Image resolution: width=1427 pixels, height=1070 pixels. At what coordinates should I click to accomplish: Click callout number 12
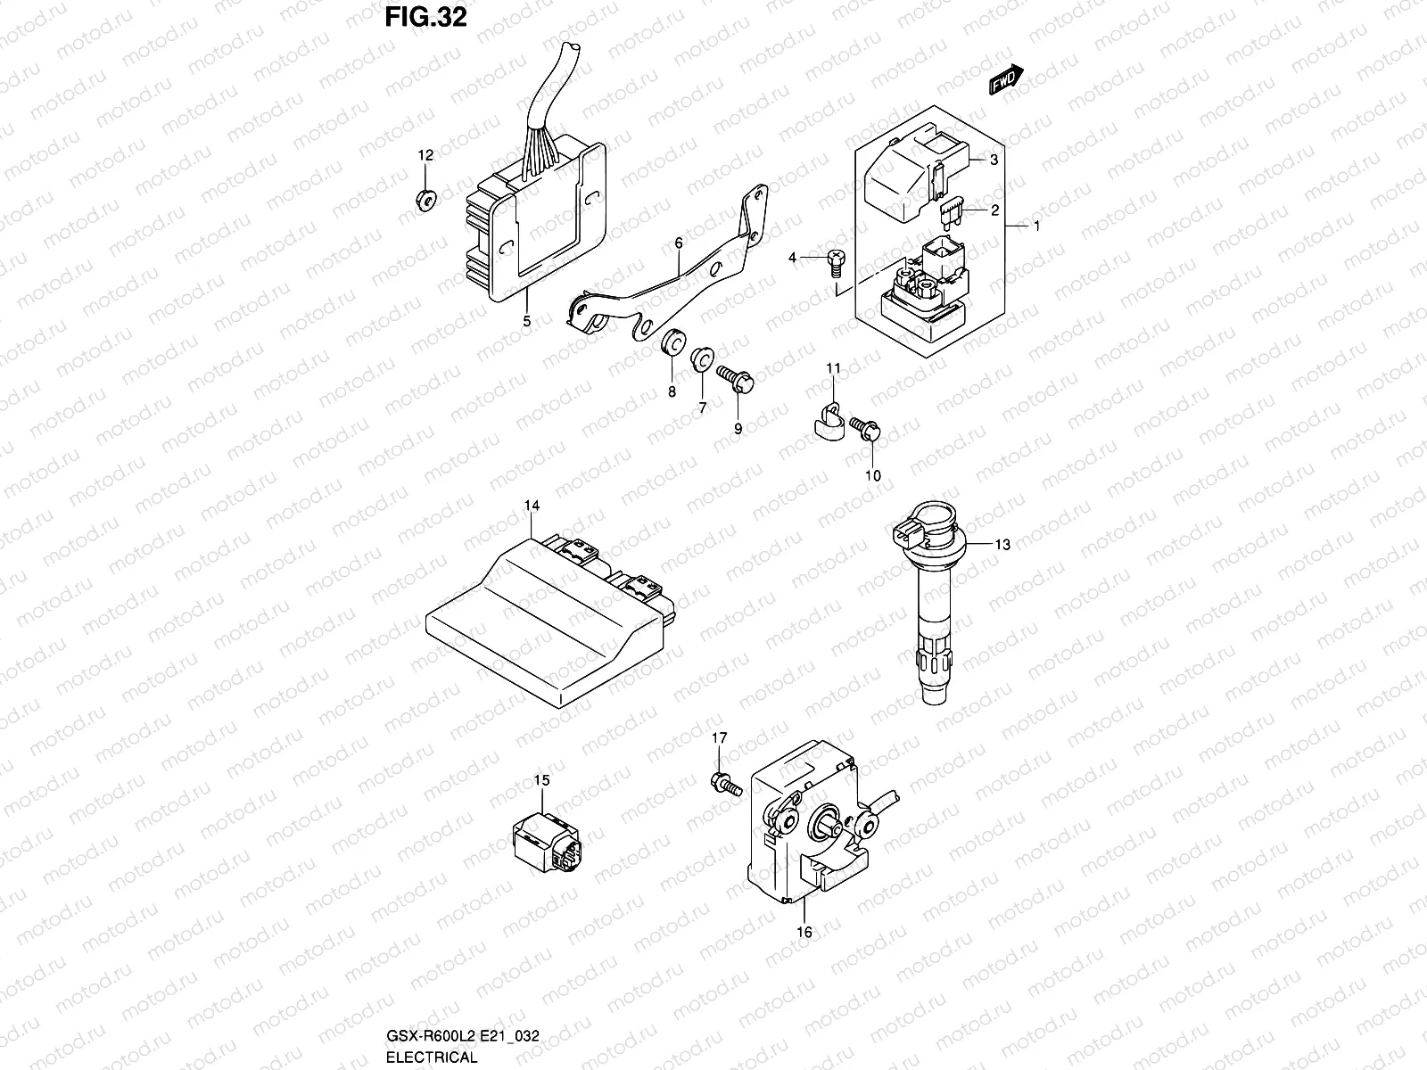[426, 155]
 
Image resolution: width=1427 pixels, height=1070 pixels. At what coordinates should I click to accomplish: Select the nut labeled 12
[426, 200]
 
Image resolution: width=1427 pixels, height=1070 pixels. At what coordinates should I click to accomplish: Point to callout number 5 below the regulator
[526, 321]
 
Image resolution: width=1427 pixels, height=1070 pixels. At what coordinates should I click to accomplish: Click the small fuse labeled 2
[953, 212]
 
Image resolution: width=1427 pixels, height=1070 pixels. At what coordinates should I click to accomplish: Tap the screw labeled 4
[835, 259]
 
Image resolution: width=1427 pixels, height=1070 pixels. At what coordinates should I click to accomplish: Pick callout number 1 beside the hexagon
[1037, 226]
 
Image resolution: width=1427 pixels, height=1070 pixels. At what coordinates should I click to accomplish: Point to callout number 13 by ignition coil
[1003, 544]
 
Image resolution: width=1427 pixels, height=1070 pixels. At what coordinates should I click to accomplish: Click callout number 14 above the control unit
[532, 506]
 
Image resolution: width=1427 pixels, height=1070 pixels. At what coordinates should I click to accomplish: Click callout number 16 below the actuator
[804, 932]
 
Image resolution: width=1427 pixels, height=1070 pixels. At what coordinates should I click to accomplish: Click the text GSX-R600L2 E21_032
[461, 1036]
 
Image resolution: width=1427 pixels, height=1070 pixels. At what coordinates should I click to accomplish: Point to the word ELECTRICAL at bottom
[432, 1058]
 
